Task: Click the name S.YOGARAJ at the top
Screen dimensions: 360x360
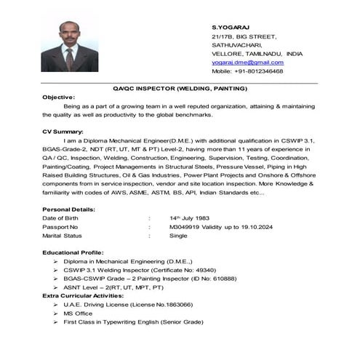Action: tap(227, 25)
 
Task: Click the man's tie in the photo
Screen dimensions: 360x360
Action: tap(70, 55)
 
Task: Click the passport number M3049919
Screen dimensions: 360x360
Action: tap(185, 226)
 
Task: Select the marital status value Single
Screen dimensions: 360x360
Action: tap(178, 236)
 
